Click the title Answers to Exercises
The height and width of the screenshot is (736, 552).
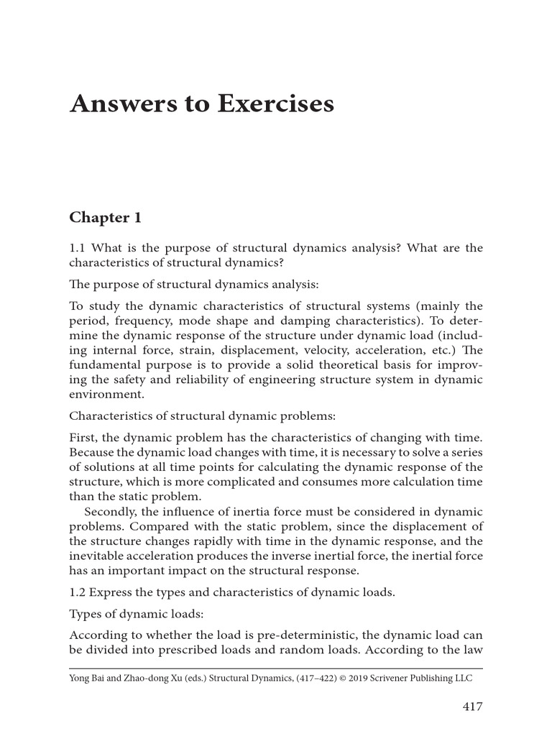[x=202, y=103]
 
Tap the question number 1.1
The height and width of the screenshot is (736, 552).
[x=78, y=248]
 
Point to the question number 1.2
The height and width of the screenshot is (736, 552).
[x=78, y=593]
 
